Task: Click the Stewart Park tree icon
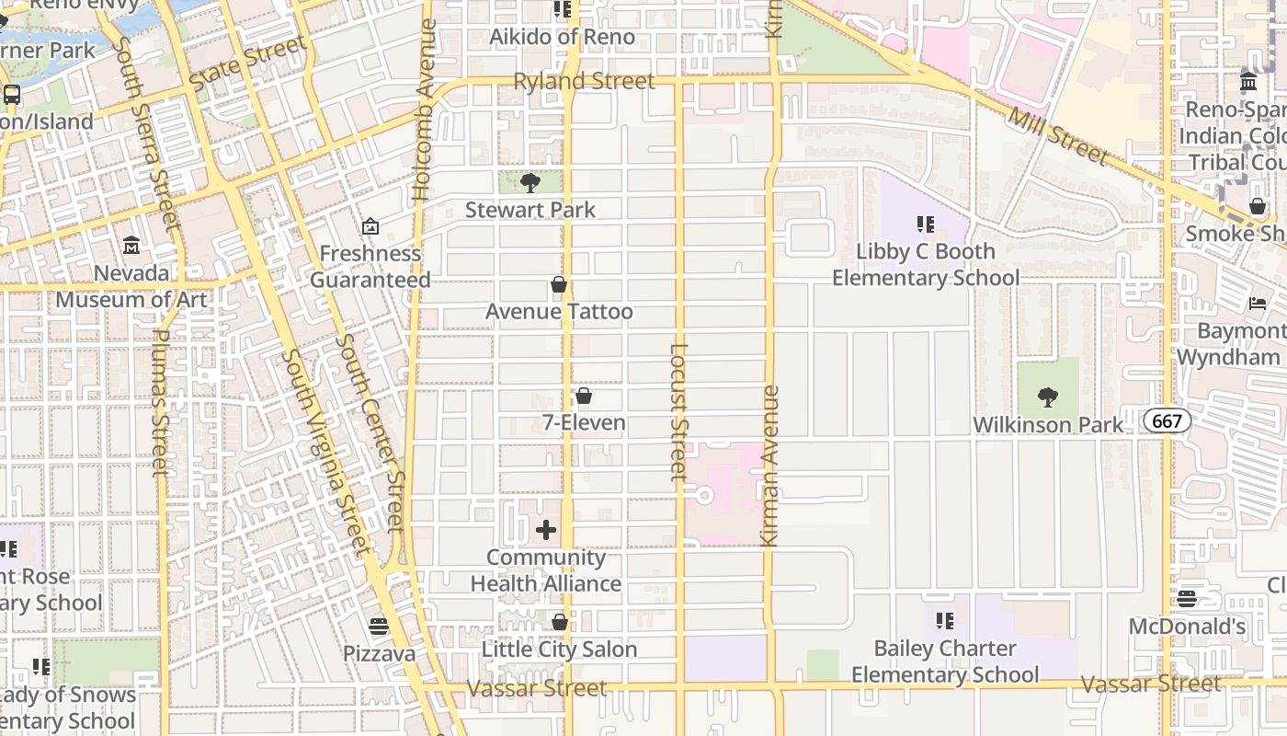[530, 182]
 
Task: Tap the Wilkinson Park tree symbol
[1047, 397]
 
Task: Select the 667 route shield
[1167, 421]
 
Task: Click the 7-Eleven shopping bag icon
[583, 396]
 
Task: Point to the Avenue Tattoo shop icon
[558, 284]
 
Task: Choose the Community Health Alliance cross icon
[546, 529]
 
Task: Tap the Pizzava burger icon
[379, 627]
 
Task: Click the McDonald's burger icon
[1187, 599]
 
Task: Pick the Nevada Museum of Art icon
[131, 246]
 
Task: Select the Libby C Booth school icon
[925, 224]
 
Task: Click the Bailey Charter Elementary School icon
[944, 621]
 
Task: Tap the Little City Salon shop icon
[559, 623]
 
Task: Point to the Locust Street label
[678, 411]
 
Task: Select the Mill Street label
[1058, 135]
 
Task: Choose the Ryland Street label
[584, 81]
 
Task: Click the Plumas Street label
[161, 403]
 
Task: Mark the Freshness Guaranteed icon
[370, 226]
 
